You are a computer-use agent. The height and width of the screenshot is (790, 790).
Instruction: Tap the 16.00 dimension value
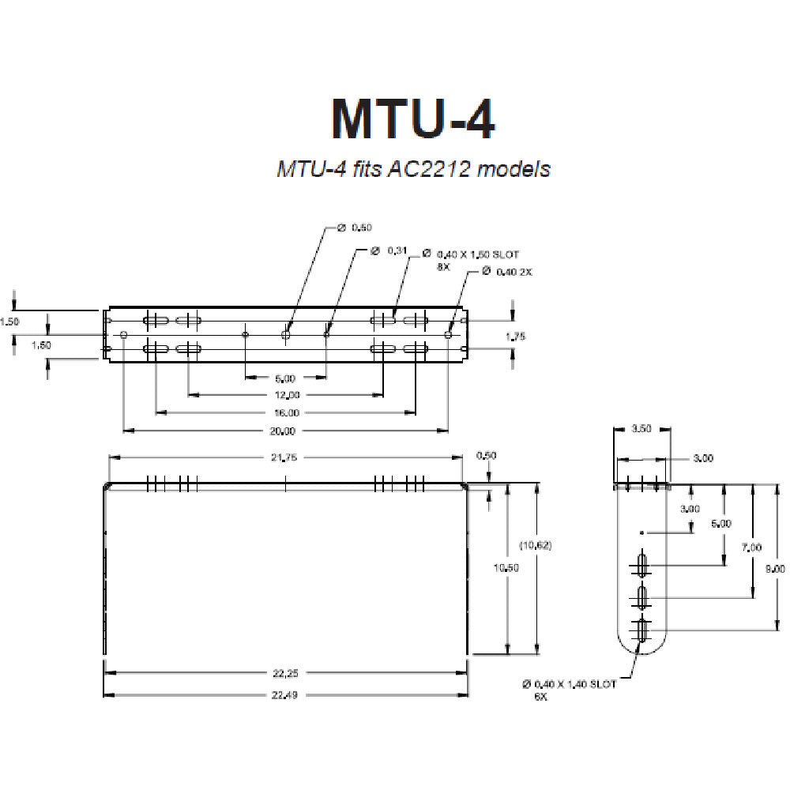tap(287, 412)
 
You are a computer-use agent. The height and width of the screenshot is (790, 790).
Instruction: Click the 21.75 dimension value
tap(286, 457)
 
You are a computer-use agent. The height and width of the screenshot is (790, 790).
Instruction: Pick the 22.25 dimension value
tap(287, 673)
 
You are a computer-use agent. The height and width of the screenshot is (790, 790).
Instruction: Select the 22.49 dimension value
tap(287, 695)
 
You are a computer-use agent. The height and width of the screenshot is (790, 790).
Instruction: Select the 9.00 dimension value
tap(777, 568)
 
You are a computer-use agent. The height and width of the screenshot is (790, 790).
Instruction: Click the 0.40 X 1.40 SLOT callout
tap(569, 684)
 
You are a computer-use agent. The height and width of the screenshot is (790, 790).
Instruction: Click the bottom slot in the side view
tap(642, 630)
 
